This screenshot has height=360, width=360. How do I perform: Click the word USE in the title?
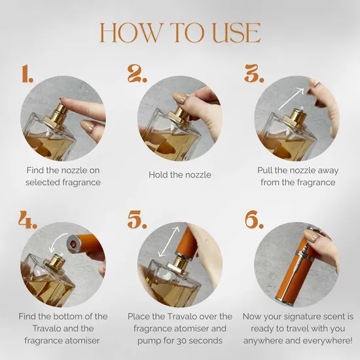click(237, 33)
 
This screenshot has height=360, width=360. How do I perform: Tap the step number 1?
click(27, 73)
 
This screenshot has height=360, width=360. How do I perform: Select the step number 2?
click(137, 73)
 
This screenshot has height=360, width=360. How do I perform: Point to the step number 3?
click(254, 73)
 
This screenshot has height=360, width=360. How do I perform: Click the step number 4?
click(27, 219)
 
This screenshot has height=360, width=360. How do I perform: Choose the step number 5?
click(137, 219)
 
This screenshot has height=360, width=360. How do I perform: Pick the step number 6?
click(254, 219)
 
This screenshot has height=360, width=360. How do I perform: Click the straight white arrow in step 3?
click(291, 99)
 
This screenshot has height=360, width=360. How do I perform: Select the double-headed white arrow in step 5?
click(169, 242)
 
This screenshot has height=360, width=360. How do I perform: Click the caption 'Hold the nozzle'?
click(180, 175)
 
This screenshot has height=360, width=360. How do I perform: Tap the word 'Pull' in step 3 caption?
click(264, 170)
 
